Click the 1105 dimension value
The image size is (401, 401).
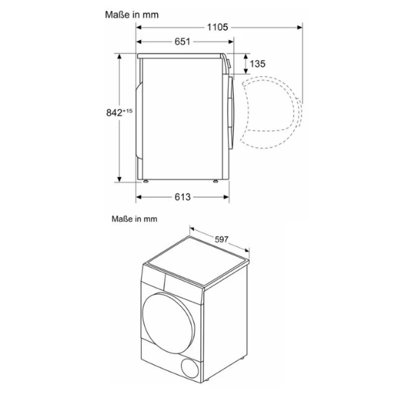[218, 27]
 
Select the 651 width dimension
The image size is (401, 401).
[182, 42]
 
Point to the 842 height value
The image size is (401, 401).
[113, 113]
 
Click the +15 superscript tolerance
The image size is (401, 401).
[128, 110]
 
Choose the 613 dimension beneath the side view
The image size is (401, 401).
[182, 196]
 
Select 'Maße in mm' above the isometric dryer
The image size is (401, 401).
[134, 218]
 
